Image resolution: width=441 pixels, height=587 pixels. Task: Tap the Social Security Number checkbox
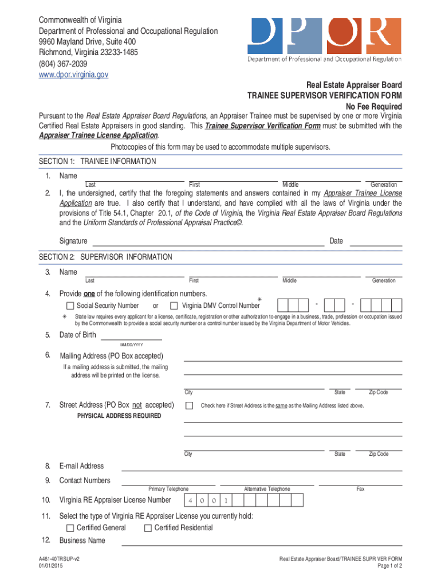(x=70, y=306)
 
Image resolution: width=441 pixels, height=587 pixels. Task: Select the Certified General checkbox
(x=70, y=527)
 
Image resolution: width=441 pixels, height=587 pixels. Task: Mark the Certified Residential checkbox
(x=148, y=527)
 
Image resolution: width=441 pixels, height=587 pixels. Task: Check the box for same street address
(x=189, y=405)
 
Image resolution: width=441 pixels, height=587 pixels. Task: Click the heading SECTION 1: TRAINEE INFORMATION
(x=97, y=162)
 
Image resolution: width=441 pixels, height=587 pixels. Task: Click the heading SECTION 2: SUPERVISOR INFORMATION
(x=105, y=257)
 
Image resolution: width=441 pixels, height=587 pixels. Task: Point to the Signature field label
(x=73, y=241)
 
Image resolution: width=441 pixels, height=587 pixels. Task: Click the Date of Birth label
(x=78, y=335)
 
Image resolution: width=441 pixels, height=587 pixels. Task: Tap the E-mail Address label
(x=81, y=466)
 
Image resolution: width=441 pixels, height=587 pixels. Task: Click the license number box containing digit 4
(x=190, y=501)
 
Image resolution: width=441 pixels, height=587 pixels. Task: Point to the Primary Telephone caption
(x=168, y=489)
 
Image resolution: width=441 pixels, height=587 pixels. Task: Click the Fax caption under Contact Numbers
(x=360, y=489)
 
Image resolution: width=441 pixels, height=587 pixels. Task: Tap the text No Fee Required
(x=373, y=107)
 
